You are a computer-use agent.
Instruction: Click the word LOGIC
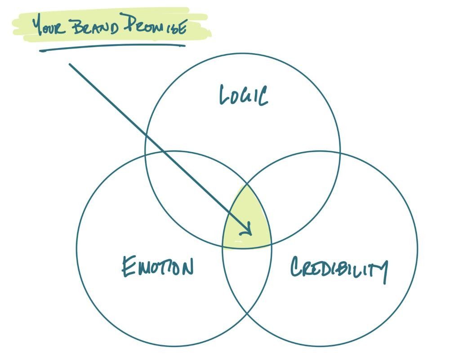coord(244,95)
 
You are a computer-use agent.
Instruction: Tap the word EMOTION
coord(158,266)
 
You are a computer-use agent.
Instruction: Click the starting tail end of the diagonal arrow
coord(70,64)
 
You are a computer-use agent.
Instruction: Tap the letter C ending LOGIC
coord(263,96)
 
